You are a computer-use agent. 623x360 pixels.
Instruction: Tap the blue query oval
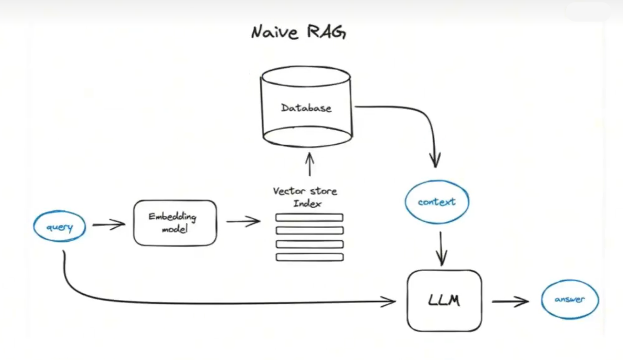[59, 227]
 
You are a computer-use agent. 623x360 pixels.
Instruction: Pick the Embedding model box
[175, 222]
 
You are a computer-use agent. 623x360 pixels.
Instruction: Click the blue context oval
[436, 202]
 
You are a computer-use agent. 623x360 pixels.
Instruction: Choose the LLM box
[444, 301]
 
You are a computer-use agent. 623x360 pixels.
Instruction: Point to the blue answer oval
[569, 299]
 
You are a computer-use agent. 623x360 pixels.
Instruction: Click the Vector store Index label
[305, 195]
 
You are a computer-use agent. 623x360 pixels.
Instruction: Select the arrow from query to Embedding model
[108, 224]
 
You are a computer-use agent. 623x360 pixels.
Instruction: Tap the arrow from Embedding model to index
[243, 221]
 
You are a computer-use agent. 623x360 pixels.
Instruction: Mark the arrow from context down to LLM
[441, 247]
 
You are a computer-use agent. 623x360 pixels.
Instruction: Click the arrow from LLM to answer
[510, 302]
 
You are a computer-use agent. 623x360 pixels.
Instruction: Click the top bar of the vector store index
[309, 217]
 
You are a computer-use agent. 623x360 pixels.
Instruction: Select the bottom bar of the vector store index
[309, 257]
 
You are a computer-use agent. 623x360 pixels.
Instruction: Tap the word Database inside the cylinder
[306, 108]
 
